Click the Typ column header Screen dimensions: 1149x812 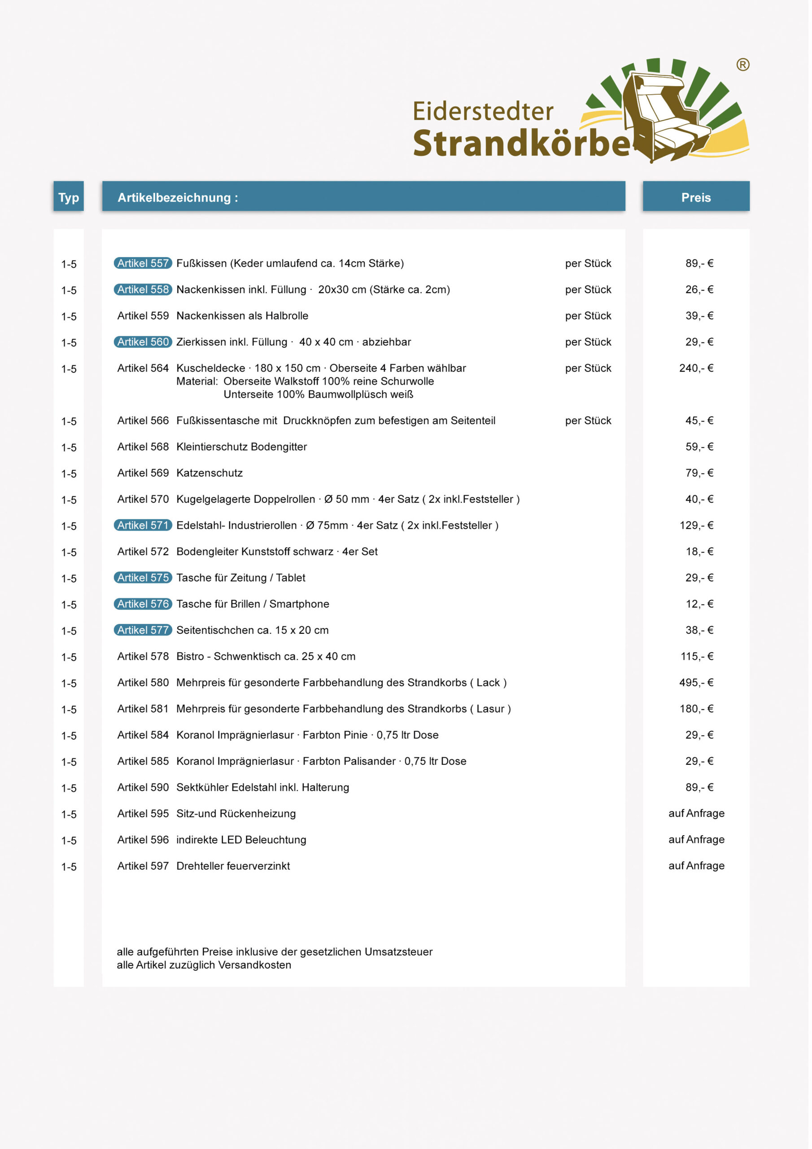[x=69, y=197]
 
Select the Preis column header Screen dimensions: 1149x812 [x=699, y=197]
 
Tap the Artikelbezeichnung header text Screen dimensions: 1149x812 [x=178, y=197]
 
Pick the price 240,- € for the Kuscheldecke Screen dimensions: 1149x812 [x=699, y=369]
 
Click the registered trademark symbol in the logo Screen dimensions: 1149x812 [x=746, y=65]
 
